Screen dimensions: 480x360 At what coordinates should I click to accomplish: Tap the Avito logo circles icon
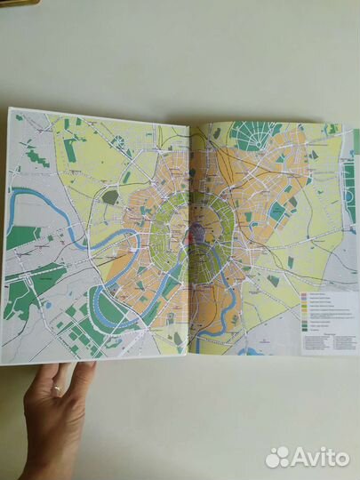coord(278,457)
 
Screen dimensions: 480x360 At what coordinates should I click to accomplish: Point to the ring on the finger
coord(58,390)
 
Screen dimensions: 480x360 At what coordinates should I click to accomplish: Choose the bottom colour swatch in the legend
coord(305,330)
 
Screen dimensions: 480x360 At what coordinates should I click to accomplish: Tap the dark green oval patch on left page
coord(110,196)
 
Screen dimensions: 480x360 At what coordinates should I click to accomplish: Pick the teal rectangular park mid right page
coord(278,211)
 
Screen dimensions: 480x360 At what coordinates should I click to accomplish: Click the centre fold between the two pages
coord(189,240)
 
